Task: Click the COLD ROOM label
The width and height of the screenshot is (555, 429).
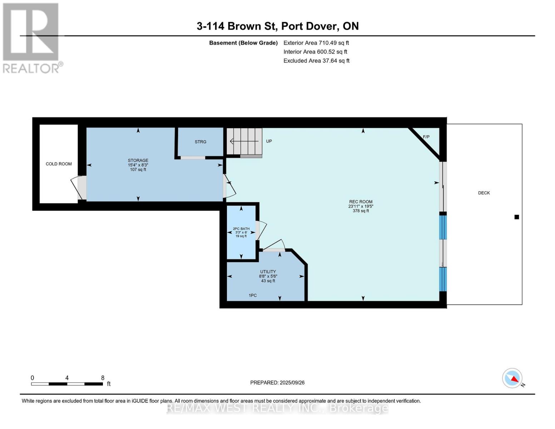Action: [59, 164]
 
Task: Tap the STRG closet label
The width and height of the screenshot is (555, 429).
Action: [200, 142]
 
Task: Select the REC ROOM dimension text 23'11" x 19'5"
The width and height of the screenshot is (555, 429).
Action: [361, 206]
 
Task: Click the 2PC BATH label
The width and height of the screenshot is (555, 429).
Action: [241, 229]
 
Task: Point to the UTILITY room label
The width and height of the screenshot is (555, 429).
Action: [268, 272]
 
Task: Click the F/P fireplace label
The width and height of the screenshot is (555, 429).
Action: [426, 137]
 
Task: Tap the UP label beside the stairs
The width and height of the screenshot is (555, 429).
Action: [269, 141]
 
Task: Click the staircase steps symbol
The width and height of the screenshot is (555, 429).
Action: [244, 141]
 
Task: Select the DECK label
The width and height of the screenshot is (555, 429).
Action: [484, 193]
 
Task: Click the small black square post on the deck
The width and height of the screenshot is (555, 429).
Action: [516, 217]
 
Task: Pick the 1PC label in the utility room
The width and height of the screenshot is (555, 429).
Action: [253, 295]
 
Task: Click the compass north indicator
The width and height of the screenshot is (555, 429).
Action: [512, 378]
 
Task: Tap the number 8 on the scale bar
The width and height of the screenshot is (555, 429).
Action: [103, 378]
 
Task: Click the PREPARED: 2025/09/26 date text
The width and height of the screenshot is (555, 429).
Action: [277, 383]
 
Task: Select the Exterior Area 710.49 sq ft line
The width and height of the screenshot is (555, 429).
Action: [316, 43]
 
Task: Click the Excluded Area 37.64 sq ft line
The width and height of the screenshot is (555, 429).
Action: [316, 61]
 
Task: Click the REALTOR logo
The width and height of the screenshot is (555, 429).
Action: [31, 38]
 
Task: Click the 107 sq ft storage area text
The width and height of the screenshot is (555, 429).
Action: [138, 169]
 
